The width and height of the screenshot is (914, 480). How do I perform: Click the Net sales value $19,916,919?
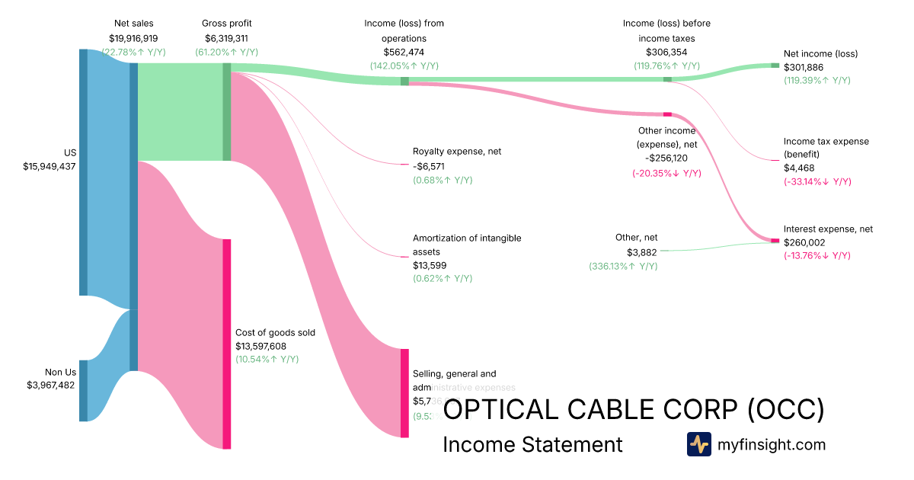coord(133,38)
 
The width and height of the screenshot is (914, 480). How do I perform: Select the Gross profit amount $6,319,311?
coord(226,38)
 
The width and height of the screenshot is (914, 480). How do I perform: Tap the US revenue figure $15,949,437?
coord(50,166)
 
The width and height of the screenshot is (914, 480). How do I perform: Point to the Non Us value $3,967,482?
coord(51,386)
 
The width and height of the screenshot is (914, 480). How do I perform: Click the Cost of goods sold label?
coord(275,332)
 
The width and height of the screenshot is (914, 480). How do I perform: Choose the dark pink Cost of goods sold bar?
coord(226,344)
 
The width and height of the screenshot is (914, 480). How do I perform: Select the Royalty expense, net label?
coord(457,152)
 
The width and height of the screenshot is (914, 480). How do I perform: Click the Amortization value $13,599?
coord(430,265)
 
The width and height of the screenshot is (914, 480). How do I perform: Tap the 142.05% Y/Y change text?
coord(404,66)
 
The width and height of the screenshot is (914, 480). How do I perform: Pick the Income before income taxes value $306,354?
coord(666,52)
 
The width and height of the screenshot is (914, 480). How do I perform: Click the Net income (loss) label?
coord(820,54)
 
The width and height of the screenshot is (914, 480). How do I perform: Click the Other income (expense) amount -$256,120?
coord(666,158)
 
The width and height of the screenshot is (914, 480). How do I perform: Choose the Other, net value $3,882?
coord(641,252)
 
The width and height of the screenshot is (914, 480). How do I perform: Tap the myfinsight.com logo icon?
coord(698,444)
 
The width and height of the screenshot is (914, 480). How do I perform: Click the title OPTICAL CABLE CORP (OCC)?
coord(634,410)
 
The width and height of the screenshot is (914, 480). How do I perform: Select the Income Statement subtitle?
coord(532,444)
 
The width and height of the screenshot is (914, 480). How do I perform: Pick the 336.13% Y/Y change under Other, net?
coord(623,267)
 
